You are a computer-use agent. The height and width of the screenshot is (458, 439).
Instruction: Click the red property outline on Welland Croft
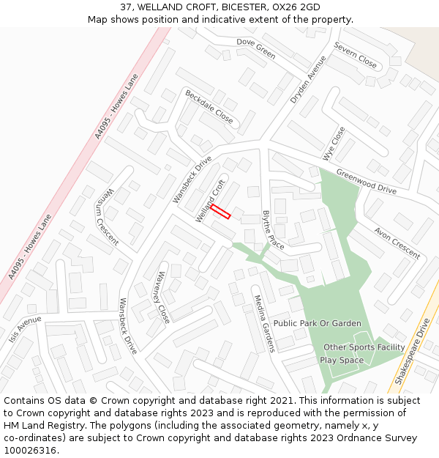pos(221,212)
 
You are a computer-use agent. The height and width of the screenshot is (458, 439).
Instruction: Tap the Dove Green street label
pos(255,49)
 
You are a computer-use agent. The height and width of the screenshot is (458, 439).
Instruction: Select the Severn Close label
pos(356,55)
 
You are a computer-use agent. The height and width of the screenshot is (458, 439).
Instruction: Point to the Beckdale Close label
pos(209,107)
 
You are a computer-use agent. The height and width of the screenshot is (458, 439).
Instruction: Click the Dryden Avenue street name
pos(308,79)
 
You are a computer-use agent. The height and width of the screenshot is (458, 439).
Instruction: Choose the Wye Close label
pos(334,144)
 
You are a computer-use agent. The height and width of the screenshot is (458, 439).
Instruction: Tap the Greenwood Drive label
pos(366,181)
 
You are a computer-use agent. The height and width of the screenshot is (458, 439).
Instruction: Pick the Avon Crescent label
pos(397,243)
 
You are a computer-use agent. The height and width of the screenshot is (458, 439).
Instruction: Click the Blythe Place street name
pos(273,230)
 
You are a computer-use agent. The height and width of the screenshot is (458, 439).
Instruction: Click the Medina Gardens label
pos(263,323)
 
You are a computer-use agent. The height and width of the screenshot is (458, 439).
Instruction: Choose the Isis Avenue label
pos(26,331)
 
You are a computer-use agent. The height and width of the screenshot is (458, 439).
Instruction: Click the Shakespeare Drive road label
pos(412,357)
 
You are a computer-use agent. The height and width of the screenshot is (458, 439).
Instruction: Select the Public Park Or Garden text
pos(317,323)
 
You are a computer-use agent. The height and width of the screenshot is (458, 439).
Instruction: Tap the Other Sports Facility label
pos(364,347)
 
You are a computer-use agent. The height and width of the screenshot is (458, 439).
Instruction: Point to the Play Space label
pos(342,361)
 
